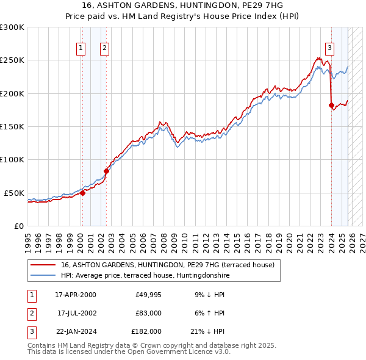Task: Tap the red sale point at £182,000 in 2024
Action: tap(331, 105)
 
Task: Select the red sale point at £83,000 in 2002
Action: tap(106, 171)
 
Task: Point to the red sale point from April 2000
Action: tap(82, 193)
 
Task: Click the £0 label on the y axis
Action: tap(18, 226)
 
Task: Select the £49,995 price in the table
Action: tap(147, 295)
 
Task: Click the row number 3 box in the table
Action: tap(30, 331)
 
